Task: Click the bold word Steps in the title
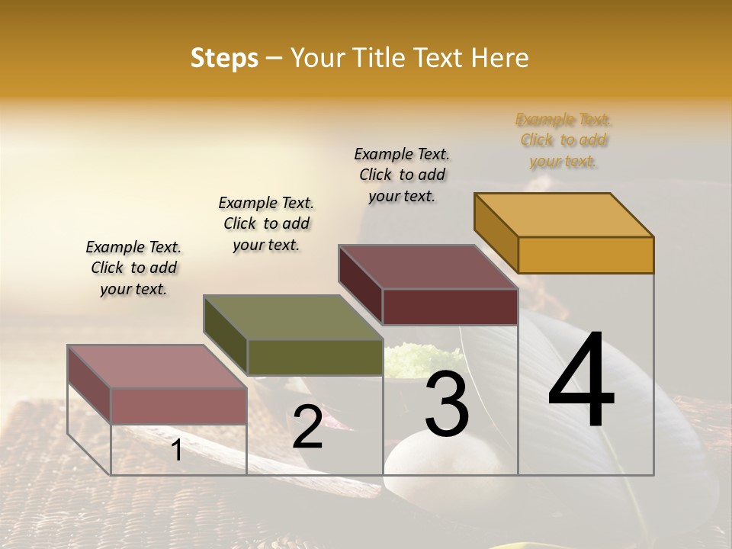pos(224,58)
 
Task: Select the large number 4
pos(581,380)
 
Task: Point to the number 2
pos(307,427)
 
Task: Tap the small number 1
pos(176,450)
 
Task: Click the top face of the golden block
pos(563,214)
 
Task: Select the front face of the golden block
pos(586,255)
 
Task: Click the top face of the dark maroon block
pos(427,267)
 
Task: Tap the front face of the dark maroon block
pos(450,307)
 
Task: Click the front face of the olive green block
pos(314,357)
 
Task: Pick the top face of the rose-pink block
pos(156,367)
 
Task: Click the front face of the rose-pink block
pos(178,406)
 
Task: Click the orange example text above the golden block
pos(563,140)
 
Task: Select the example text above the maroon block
pos(402,175)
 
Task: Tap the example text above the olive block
pos(266,223)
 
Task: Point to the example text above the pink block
pos(133,268)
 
